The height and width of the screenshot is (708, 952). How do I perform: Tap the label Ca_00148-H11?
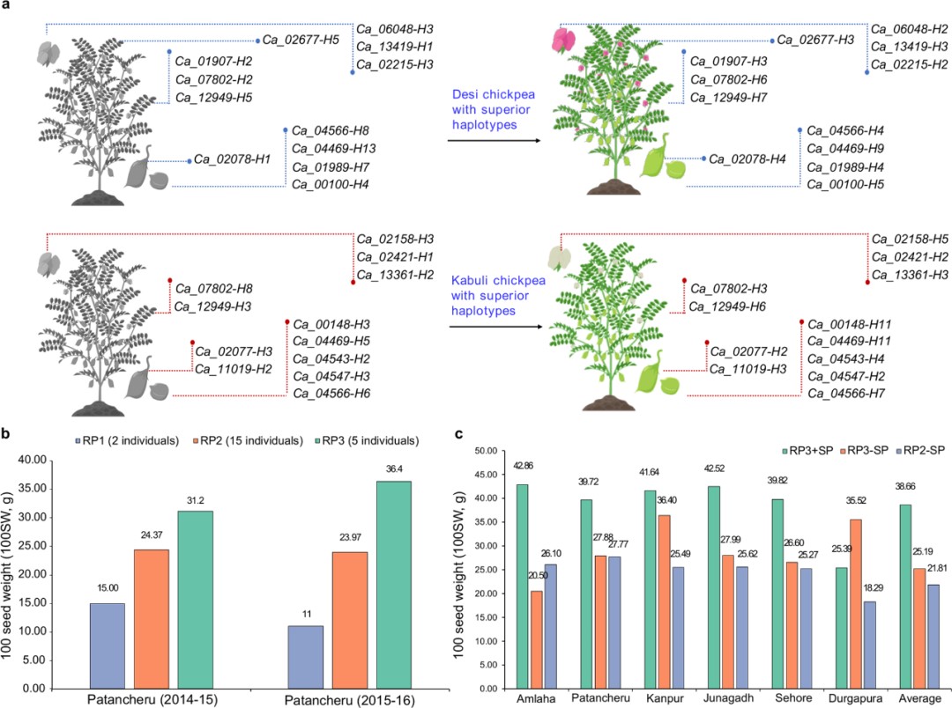(x=847, y=323)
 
